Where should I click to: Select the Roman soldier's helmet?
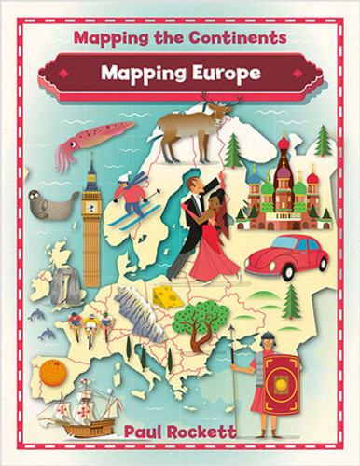pyautogui.click(x=268, y=337)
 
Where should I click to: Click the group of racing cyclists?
pyautogui.click(x=90, y=325)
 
